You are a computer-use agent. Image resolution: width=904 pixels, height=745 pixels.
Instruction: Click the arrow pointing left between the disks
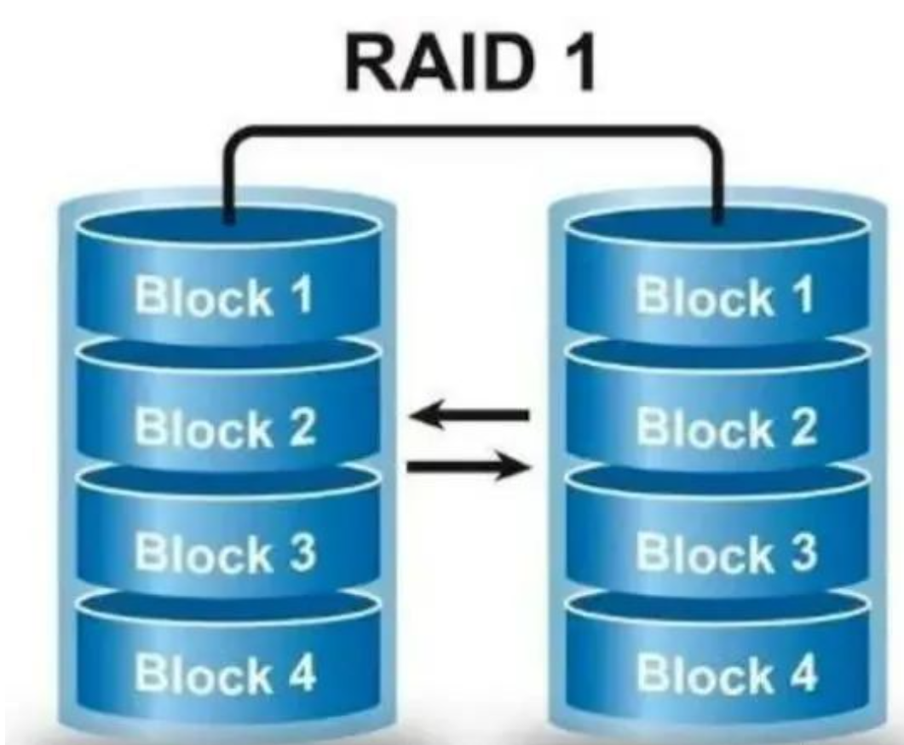pyautogui.click(x=469, y=415)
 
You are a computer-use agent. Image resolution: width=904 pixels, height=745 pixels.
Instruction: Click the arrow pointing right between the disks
pyautogui.click(x=469, y=466)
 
